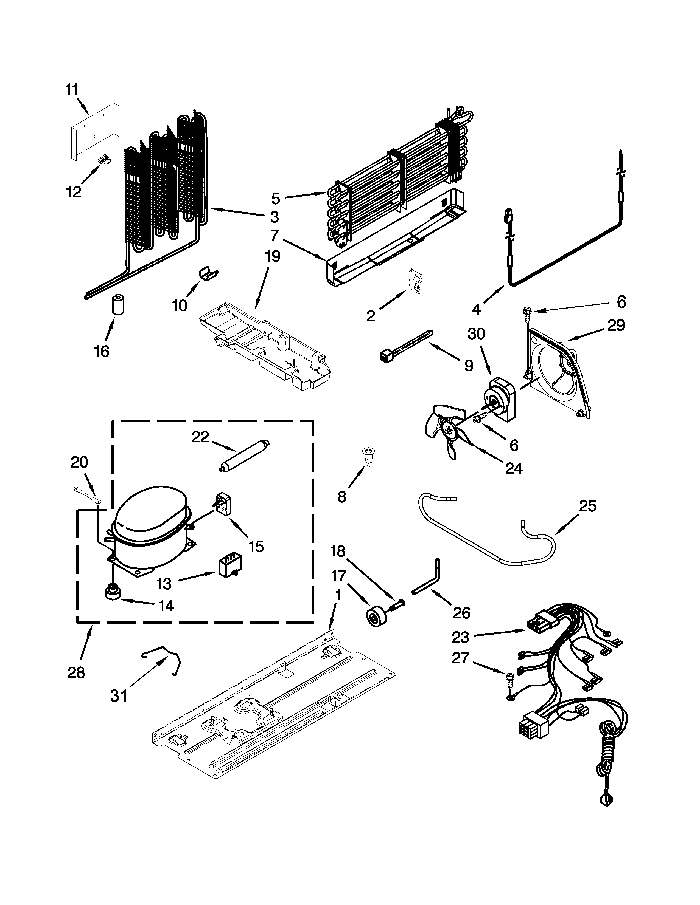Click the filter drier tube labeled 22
244,455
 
